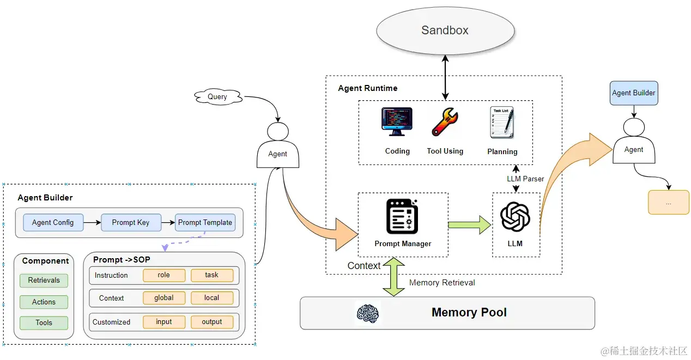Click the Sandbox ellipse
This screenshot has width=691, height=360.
coord(445,30)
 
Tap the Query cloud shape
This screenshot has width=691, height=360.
coord(217,97)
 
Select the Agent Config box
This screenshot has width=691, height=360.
coord(53,222)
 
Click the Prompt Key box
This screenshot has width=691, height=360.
coord(131,222)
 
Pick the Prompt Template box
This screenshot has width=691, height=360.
coord(205,222)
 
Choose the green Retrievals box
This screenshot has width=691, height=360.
coord(44,280)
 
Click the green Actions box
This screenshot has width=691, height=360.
coord(44,302)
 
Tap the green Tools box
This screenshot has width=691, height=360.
coord(44,322)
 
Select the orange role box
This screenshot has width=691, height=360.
coord(164,275)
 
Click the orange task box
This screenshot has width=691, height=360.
coord(212,275)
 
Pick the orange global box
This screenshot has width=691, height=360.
coord(164,298)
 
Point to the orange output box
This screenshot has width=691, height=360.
coord(212,322)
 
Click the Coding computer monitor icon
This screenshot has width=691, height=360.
coord(397,122)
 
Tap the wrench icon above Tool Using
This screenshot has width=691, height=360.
coord(445,122)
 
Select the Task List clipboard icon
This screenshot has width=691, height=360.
coord(502,122)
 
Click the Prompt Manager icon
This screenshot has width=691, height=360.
coord(402,216)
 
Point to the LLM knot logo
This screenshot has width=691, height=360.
coord(515,216)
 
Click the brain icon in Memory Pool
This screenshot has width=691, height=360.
coord(368,313)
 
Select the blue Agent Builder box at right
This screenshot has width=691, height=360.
coord(634,93)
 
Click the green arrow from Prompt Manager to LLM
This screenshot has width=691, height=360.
coord(469,224)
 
